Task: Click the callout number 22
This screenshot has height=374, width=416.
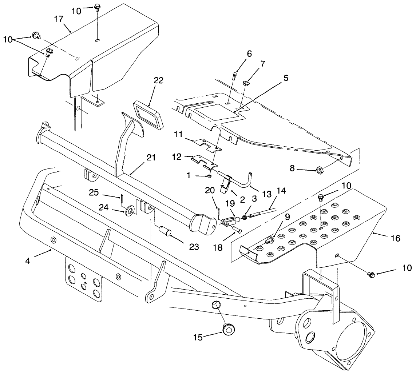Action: [158, 81]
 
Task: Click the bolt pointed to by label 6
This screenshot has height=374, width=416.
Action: [234, 77]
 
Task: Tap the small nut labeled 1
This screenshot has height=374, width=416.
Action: [210, 176]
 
